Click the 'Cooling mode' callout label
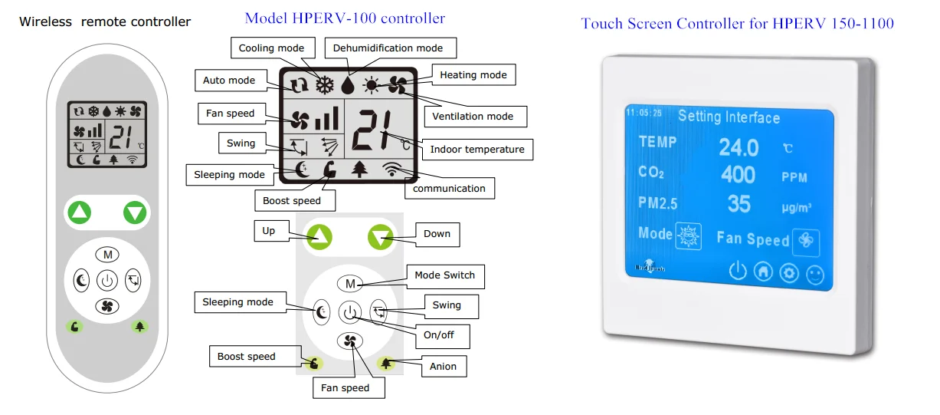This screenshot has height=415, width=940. pos(272,48)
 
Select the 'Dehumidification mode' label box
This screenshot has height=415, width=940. pos(388,48)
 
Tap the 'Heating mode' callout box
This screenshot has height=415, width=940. pos(473,74)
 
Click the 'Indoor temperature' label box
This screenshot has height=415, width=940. pos(477,150)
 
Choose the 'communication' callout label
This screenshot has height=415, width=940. pos(449,188)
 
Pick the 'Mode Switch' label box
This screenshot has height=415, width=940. pos(444,275)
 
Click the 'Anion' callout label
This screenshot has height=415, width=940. pos(443,366)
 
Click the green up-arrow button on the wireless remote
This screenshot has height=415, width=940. pos(78,212)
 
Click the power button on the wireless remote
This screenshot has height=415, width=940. pos(106,281)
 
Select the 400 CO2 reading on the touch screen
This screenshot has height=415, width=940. pos(738,175)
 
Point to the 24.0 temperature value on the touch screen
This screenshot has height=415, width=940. pos(739,146)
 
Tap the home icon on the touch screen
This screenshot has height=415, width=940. pos(763,272)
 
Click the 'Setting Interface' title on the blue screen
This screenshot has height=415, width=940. pos(729,117)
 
